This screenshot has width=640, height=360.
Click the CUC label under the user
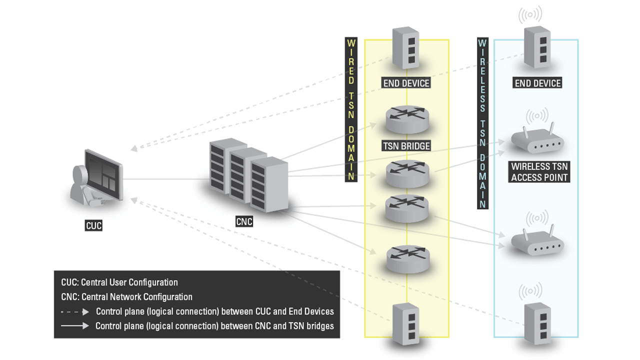[94, 225]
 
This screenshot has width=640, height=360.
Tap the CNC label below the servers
[244, 221]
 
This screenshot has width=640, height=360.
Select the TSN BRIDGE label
[406, 146]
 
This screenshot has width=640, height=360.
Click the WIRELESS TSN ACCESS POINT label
[539, 171]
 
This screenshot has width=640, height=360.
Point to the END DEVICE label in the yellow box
[406, 83]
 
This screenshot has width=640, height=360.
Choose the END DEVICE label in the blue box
[538, 83]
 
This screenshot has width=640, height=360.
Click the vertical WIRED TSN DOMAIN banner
[351, 109]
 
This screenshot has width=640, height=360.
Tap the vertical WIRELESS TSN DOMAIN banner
[482, 123]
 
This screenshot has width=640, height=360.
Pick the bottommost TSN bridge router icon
[407, 258]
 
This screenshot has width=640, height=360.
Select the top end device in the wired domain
[405, 48]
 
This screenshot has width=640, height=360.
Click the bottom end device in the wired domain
[405, 324]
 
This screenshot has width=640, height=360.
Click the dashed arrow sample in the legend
[75, 311]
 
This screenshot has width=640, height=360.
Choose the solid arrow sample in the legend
[75, 326]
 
